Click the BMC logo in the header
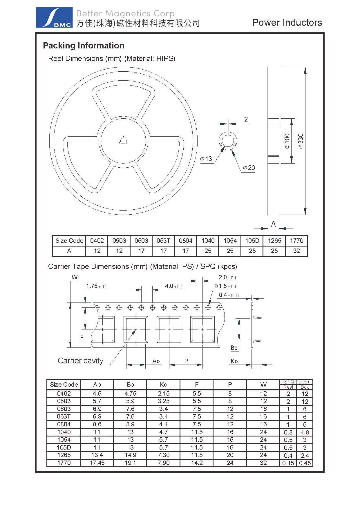pyautogui.click(x=54, y=17)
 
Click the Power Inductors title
pyautogui.click(x=287, y=23)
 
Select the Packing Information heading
pyautogui.click(x=84, y=46)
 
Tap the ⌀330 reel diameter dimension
pyautogui.click(x=301, y=141)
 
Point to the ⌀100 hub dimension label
pyautogui.click(x=287, y=141)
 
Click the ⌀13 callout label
pyautogui.click(x=206, y=159)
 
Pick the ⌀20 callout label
pyautogui.click(x=249, y=168)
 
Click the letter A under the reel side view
pyautogui.click(x=273, y=224)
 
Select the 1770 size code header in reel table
pyautogui.click(x=296, y=241)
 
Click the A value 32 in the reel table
pyautogui.click(x=296, y=251)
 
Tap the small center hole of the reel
pyautogui.click(x=122, y=141)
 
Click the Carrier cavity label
pyautogui.click(x=80, y=361)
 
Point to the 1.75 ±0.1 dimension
pyautogui.click(x=96, y=286)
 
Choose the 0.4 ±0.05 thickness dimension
pyautogui.click(x=229, y=295)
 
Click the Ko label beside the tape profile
pyautogui.click(x=234, y=361)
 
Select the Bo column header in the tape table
pyautogui.click(x=130, y=385)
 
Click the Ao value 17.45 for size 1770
pyautogui.click(x=97, y=463)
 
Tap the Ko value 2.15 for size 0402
pyautogui.click(x=163, y=394)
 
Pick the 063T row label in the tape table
pyautogui.click(x=64, y=416)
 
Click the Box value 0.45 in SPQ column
pyautogui.click(x=305, y=463)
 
